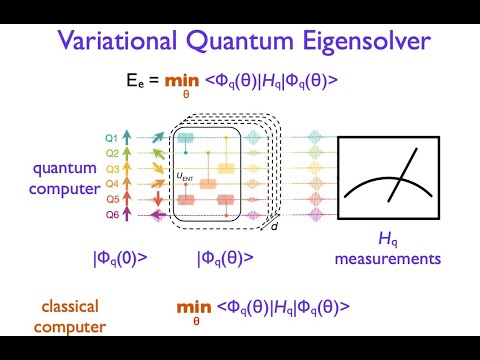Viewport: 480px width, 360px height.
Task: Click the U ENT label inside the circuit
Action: click(185, 177)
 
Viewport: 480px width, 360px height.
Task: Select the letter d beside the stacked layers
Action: click(276, 226)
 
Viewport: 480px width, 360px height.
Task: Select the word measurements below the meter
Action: click(394, 259)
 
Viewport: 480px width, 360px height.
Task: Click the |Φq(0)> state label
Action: click(120, 258)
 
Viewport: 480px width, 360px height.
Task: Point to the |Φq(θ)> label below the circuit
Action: click(225, 258)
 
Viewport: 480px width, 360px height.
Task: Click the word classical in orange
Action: click(71, 305)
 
